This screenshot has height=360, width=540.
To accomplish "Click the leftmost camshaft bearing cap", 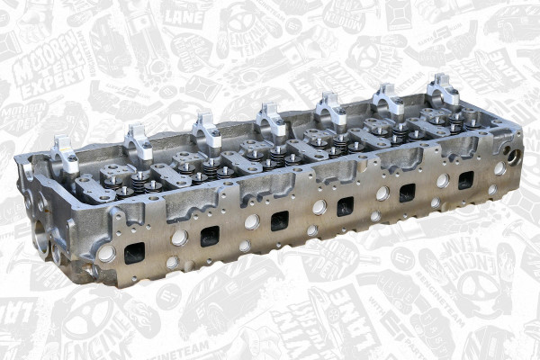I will (65, 154).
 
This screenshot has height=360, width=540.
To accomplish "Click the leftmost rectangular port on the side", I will (134, 253).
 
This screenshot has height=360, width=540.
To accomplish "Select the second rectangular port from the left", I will (210, 236).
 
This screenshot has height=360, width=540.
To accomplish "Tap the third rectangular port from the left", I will (280, 220).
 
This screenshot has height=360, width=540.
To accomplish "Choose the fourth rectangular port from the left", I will (346, 206).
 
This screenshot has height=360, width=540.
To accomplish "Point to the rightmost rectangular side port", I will (465, 179).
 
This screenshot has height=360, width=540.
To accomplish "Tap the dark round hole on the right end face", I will (512, 156).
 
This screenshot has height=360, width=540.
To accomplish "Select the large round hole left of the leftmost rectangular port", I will (106, 254).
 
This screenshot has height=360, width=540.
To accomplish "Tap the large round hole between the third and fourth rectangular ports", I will (319, 207).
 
